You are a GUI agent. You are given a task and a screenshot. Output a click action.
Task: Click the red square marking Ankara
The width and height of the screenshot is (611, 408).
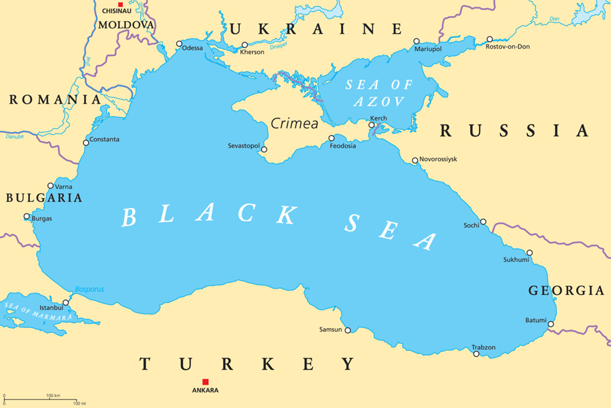(x=205, y=382)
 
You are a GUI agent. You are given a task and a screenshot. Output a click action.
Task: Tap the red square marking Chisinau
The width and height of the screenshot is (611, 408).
(x=120, y=4)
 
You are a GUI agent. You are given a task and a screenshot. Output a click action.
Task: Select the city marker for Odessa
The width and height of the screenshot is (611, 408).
(x=180, y=44)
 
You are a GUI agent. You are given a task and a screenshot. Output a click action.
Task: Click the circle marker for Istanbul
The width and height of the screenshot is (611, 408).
(x=65, y=303)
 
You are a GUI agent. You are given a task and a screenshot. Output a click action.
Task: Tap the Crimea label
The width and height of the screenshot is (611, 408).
(x=294, y=124)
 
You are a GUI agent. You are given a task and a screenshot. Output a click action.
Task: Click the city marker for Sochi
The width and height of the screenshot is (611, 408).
(x=483, y=221)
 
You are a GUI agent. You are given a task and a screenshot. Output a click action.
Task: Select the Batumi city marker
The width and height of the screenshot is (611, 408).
(x=551, y=324)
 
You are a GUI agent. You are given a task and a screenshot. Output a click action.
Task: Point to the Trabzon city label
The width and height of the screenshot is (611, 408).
(x=483, y=347)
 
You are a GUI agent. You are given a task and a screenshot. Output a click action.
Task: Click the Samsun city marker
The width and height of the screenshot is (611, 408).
(x=348, y=331)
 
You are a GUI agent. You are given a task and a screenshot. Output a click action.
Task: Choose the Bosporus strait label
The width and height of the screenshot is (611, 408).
(x=89, y=289)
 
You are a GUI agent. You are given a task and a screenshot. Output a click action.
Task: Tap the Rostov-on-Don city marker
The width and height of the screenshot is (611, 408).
(x=489, y=39)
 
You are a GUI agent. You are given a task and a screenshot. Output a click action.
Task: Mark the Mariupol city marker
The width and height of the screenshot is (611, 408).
(x=417, y=42)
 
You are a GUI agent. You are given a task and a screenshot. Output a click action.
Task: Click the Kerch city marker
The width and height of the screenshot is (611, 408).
(x=372, y=125)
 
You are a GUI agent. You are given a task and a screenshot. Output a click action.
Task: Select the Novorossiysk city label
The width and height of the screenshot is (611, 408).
(x=438, y=159)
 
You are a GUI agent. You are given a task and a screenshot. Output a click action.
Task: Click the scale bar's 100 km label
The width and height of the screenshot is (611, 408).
(x=52, y=396)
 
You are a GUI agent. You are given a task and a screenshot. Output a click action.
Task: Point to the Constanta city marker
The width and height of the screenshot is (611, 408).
(x=86, y=143)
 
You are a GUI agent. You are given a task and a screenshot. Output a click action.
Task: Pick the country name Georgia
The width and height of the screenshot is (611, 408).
(x=566, y=290)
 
